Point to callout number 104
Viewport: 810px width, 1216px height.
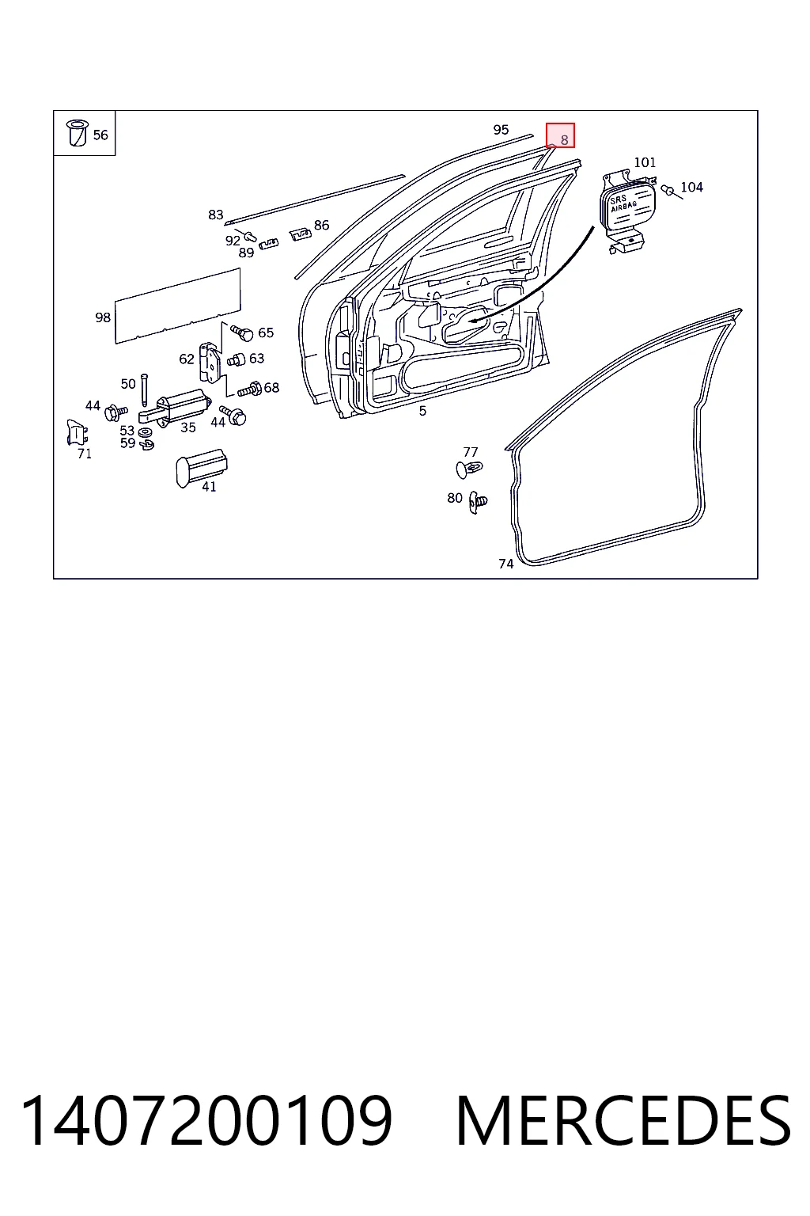pos(691,188)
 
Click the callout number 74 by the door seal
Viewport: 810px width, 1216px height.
pos(505,564)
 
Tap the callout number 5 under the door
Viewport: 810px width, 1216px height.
pos(422,411)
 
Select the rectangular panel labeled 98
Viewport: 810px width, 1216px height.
pos(178,306)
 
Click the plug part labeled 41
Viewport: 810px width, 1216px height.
pos(201,467)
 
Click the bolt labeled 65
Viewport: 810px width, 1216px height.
pos(243,332)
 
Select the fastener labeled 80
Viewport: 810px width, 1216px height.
pos(478,502)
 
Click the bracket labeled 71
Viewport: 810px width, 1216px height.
pos(77,433)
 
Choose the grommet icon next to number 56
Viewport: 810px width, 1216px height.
pos(77,133)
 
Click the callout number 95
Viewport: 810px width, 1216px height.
pos(501,130)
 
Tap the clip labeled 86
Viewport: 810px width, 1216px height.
pos(301,234)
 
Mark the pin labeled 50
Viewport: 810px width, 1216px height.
pos(144,389)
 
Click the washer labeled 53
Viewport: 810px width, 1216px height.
pos(145,433)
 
